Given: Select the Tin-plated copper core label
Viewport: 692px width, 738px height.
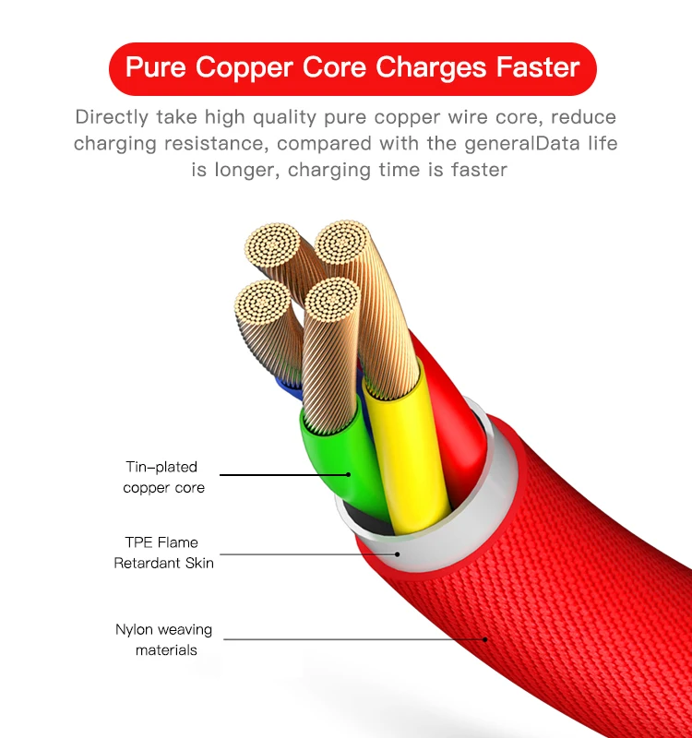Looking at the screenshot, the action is click(x=163, y=477).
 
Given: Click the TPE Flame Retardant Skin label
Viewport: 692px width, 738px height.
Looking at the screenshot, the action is click(x=162, y=552).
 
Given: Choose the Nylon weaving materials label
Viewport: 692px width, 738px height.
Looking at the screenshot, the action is click(x=164, y=639).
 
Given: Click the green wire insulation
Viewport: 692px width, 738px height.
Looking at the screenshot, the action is click(x=332, y=452).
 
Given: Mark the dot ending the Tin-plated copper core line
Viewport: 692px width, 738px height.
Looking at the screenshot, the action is click(x=350, y=475).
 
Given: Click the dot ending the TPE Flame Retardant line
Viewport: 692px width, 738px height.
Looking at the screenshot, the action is click(x=398, y=554).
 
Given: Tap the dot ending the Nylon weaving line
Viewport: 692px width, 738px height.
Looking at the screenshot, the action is click(x=484, y=638).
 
